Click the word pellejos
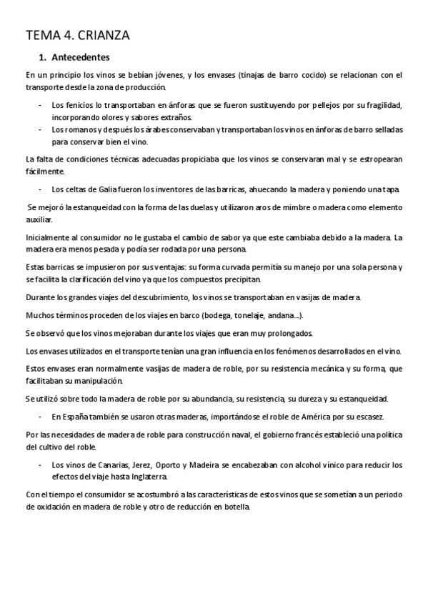pos(322,105)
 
